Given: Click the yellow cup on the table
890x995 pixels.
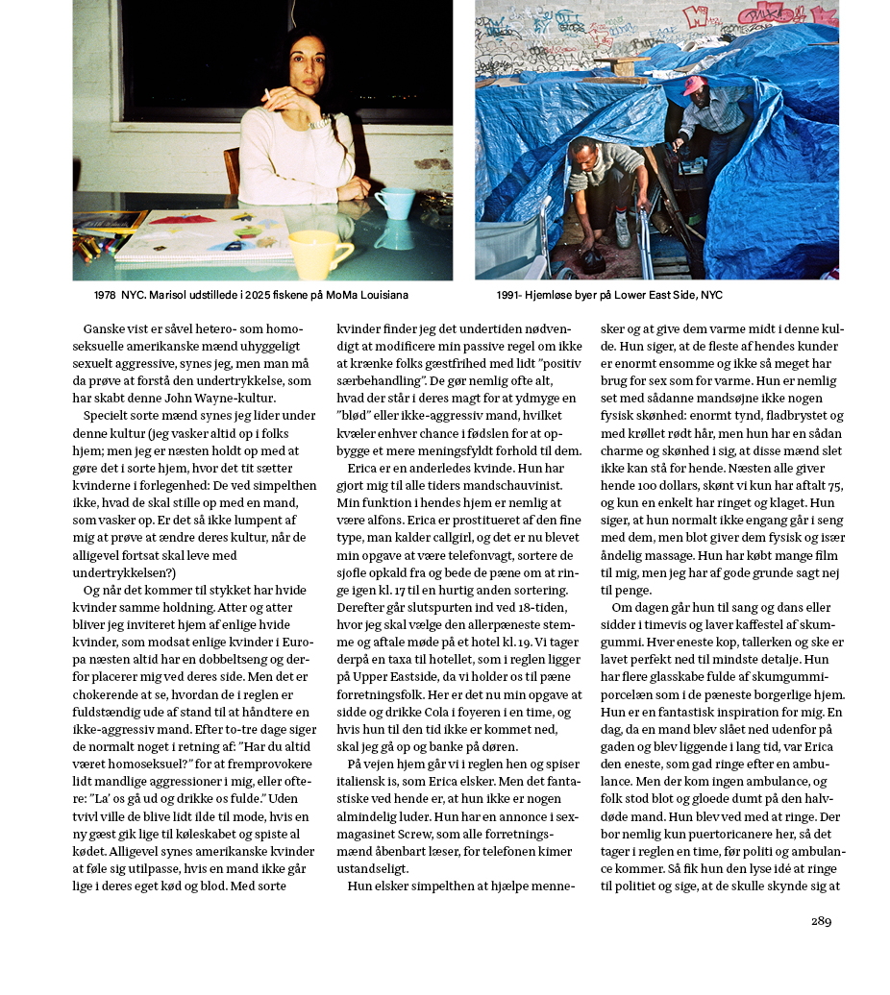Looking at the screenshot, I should point(321,252).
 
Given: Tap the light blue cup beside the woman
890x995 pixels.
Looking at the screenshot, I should point(394,203).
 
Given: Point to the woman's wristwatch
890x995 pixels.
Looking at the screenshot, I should point(318,122).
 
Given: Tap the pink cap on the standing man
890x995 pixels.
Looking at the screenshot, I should point(693,85).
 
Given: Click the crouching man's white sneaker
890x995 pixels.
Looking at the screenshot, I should point(623,231).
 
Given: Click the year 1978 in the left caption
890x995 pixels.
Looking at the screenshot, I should point(106,296).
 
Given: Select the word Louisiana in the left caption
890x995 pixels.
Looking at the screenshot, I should point(378,296).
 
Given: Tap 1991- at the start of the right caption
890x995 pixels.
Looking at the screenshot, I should point(510,296).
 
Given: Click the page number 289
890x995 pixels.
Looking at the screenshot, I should point(821,921).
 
